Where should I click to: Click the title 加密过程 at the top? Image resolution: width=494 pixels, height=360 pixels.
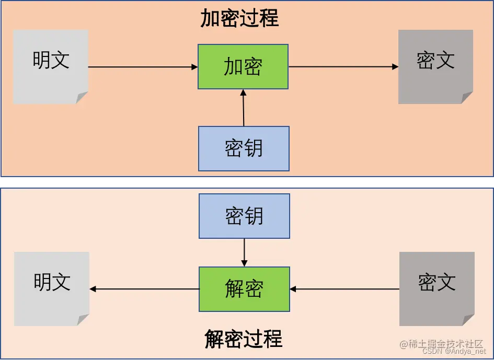(x=239, y=19)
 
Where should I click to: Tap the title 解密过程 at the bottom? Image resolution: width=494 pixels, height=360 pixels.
(x=243, y=339)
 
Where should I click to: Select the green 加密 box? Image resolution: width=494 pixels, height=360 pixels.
(x=243, y=67)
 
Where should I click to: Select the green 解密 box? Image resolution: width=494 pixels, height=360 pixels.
(x=244, y=289)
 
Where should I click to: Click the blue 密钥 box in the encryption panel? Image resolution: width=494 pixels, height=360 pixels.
(x=244, y=149)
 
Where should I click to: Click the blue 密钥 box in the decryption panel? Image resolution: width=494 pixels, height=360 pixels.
(x=244, y=216)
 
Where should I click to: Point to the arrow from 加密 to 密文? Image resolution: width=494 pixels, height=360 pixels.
(x=343, y=67)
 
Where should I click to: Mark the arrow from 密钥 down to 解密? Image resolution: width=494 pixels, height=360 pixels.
(x=244, y=252)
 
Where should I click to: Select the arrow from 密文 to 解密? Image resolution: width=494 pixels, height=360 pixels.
(x=345, y=289)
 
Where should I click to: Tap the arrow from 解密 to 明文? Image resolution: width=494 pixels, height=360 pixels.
(x=144, y=289)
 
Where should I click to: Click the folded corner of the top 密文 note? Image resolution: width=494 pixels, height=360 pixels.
(x=467, y=98)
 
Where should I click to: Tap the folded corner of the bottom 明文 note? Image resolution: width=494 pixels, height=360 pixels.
(x=83, y=320)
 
